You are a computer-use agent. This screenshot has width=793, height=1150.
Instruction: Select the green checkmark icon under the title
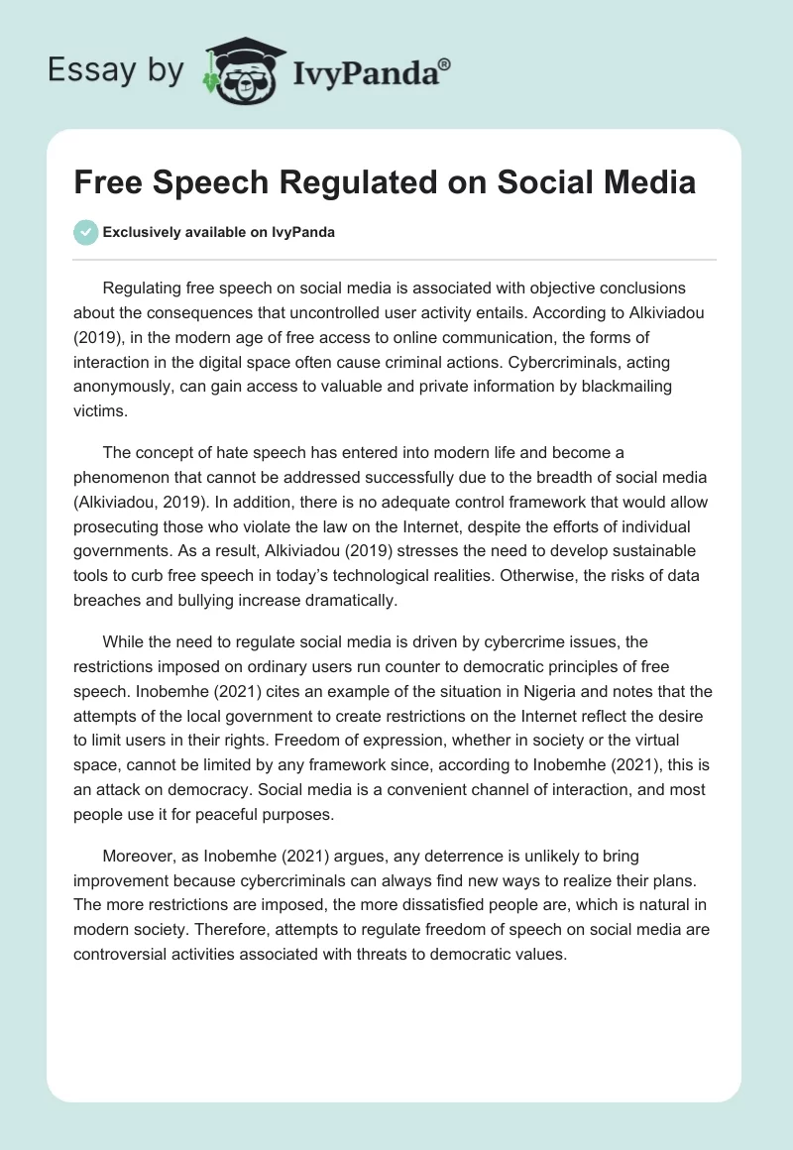(x=85, y=232)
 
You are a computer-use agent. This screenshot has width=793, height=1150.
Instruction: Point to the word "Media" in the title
(x=645, y=182)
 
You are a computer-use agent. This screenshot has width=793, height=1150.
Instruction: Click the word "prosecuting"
(x=124, y=526)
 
